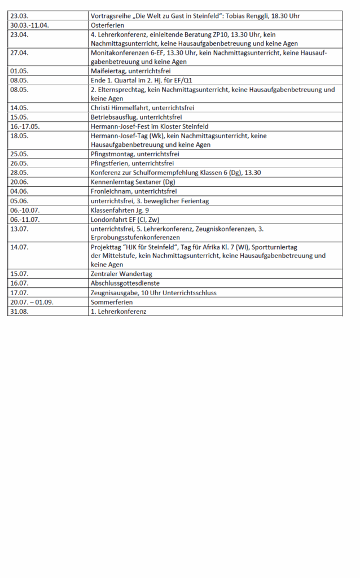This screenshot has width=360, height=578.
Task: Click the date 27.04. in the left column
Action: pyautogui.click(x=19, y=53)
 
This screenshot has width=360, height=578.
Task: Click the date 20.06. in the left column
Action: pyautogui.click(x=19, y=182)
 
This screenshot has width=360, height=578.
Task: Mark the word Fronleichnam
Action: pyautogui.click(x=110, y=191)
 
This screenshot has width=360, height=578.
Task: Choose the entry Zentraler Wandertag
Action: pyautogui.click(x=121, y=274)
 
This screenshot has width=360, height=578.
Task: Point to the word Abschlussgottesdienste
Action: pyautogui.click(x=125, y=283)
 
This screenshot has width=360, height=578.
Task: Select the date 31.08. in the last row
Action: pyautogui.click(x=19, y=311)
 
